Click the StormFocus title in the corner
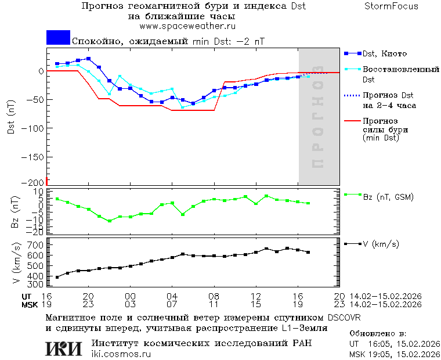coord(391,6)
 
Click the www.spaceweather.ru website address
coord(187,26)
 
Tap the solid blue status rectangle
coord(58,38)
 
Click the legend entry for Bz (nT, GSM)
coord(388,197)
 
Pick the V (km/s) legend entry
coord(381,244)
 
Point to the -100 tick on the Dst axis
coord(33,127)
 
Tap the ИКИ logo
coord(64,348)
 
